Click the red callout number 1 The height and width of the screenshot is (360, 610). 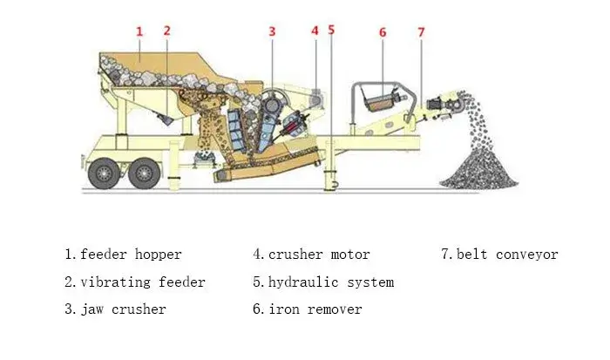pyautogui.click(x=139, y=31)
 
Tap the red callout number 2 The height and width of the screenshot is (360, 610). pyautogui.click(x=167, y=30)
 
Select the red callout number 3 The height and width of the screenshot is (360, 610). pyautogui.click(x=272, y=31)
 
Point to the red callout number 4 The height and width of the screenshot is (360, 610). pyautogui.click(x=315, y=30)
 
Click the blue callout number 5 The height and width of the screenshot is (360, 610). pyautogui.click(x=331, y=30)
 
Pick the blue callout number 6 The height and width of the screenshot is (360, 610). pyautogui.click(x=382, y=32)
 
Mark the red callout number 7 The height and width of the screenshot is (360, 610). pyautogui.click(x=421, y=32)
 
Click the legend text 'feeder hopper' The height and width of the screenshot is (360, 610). pyautogui.click(x=131, y=255)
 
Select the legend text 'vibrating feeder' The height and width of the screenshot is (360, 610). pyautogui.click(x=142, y=282)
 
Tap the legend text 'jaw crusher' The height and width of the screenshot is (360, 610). pyautogui.click(x=123, y=309)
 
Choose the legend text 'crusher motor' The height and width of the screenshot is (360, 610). pyautogui.click(x=319, y=255)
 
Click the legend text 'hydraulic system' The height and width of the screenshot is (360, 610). pyautogui.click(x=330, y=282)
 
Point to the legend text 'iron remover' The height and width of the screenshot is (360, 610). pyautogui.click(x=315, y=309)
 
